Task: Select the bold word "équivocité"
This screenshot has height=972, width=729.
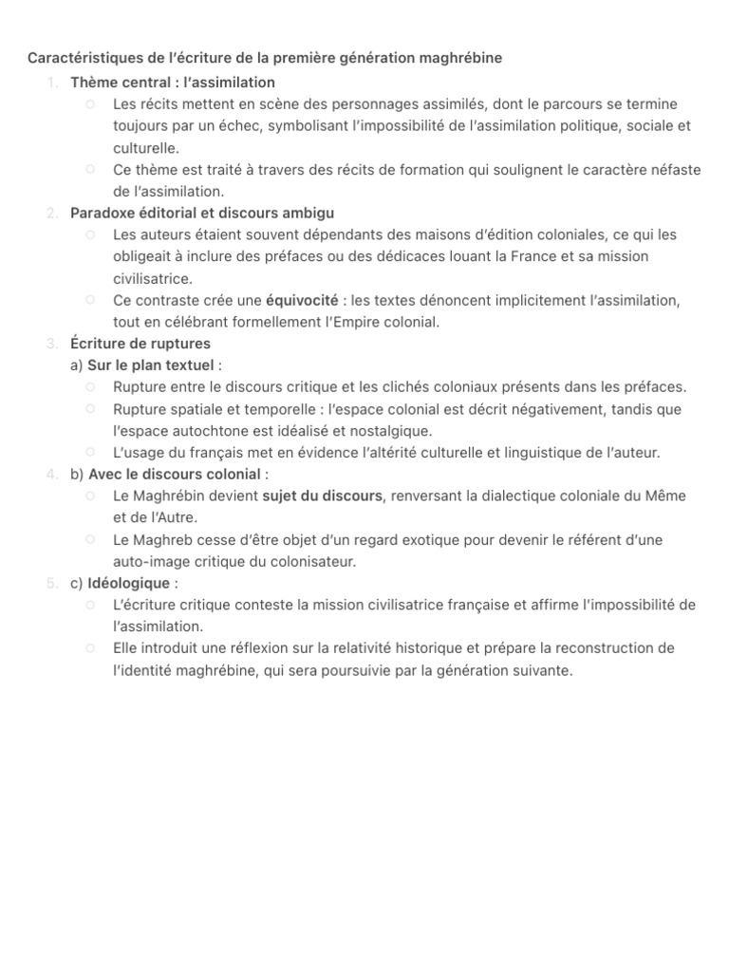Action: [x=302, y=300]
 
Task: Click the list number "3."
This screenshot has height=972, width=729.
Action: [x=52, y=344]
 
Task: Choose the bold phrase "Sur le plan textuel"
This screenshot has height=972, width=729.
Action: [x=151, y=365]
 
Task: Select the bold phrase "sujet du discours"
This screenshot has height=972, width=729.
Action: [x=322, y=496]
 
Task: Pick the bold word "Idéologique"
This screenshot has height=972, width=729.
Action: [x=129, y=584]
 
